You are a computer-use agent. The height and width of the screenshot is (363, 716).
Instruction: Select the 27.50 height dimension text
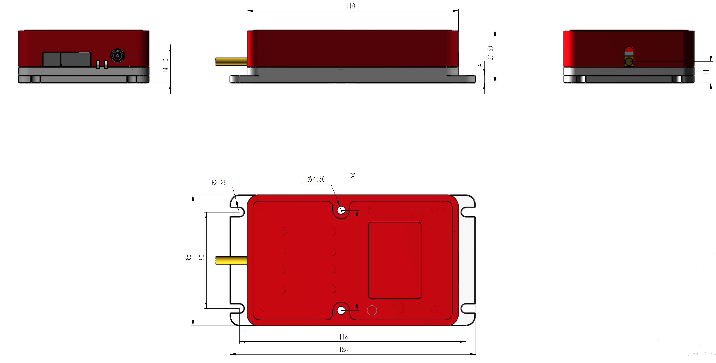(491, 53)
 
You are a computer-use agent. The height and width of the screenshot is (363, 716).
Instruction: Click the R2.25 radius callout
(219, 183)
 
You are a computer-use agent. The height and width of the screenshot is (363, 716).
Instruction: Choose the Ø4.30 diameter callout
(316, 179)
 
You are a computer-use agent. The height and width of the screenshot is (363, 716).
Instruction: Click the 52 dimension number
(352, 176)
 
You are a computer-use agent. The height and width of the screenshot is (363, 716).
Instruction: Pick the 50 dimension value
(202, 257)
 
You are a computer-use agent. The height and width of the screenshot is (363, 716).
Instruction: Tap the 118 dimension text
(343, 337)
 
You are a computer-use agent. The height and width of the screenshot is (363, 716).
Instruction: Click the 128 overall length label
(343, 350)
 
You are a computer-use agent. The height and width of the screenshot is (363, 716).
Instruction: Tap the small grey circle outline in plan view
(372, 310)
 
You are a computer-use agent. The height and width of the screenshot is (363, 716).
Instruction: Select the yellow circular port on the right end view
(629, 62)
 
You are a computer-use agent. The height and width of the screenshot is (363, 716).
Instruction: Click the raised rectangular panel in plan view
(395, 260)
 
